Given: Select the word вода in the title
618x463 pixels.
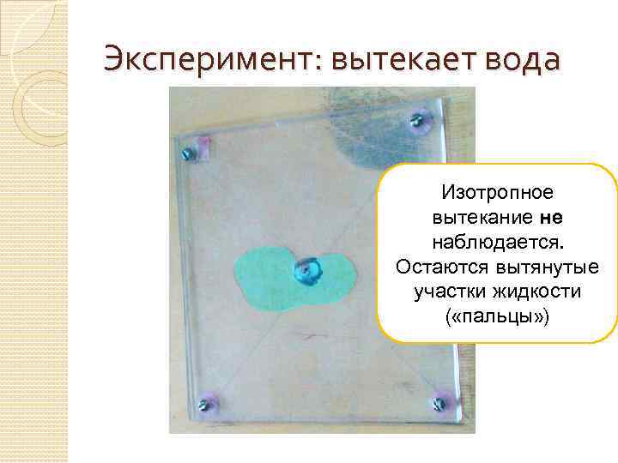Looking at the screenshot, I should click(x=522, y=59).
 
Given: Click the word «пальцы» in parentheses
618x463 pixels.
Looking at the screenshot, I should click(x=497, y=316).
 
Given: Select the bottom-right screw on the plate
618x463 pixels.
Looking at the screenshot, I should click(x=440, y=400).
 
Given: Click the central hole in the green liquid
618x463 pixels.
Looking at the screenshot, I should click(x=306, y=271).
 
